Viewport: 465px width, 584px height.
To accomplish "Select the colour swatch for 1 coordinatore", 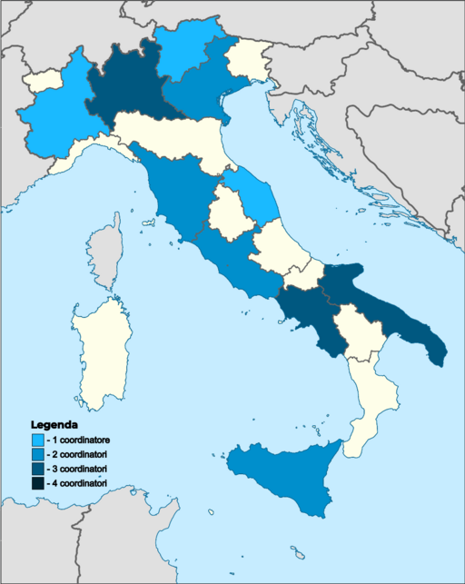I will click(37, 440).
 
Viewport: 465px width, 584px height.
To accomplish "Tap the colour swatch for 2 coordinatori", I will click(37, 455).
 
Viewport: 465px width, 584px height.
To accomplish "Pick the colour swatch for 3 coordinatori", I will click(37, 470).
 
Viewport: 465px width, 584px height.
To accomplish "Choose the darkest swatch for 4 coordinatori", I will click(37, 484).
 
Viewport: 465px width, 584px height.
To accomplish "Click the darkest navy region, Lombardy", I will click(127, 86).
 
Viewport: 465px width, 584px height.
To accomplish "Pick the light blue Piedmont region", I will click(59, 114).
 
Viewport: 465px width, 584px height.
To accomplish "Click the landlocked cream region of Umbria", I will click(224, 211).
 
